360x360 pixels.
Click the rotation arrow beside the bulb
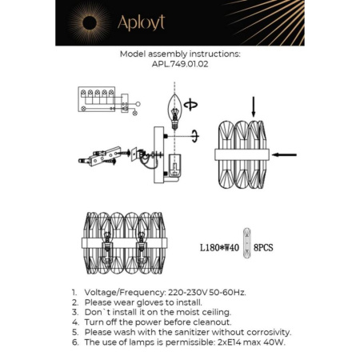(x=190, y=104)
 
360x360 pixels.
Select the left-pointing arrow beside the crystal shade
(x=284, y=154)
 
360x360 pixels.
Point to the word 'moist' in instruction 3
(x=184, y=312)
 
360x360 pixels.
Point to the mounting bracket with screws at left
(x=98, y=156)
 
